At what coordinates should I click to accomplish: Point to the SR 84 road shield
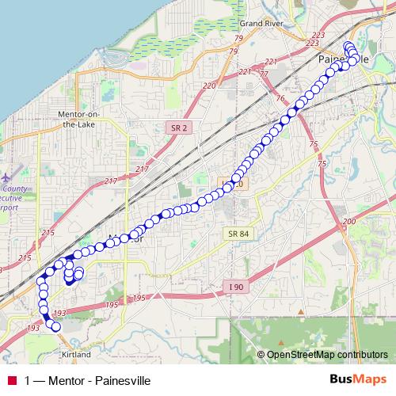click(x=238, y=233)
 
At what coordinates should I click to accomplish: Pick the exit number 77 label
click(x=264, y=74)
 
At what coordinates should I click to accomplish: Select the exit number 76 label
click(x=280, y=98)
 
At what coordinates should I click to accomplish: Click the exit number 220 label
click(x=209, y=85)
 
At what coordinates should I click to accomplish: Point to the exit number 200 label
click(x=349, y=223)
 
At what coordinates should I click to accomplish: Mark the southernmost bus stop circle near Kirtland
click(x=55, y=326)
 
